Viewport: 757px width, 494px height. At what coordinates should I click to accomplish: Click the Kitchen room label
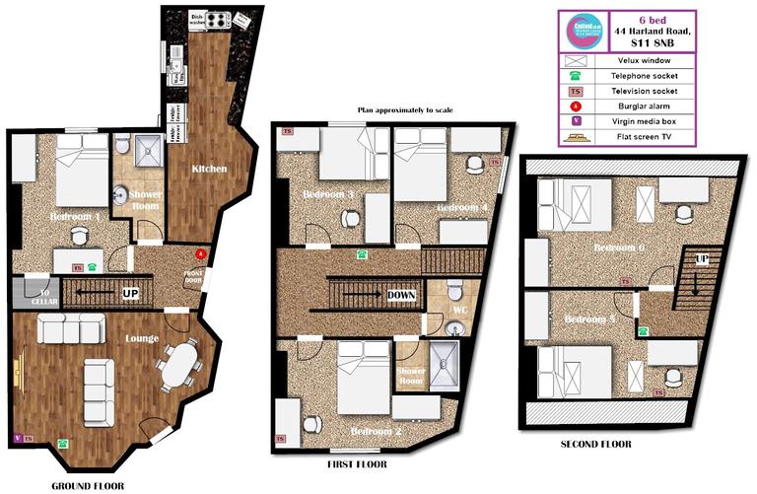coord(208,169)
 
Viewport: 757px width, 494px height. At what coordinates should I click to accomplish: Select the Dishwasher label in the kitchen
coord(198,18)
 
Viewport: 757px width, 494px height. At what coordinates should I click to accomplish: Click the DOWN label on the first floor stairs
coord(401,295)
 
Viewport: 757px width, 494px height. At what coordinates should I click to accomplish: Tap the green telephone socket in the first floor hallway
coord(362,254)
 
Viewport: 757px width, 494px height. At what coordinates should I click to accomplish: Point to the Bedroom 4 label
coord(461,208)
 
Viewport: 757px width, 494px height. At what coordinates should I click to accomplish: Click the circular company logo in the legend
coord(582,32)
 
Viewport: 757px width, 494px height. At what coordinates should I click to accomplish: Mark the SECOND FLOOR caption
coord(595,445)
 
